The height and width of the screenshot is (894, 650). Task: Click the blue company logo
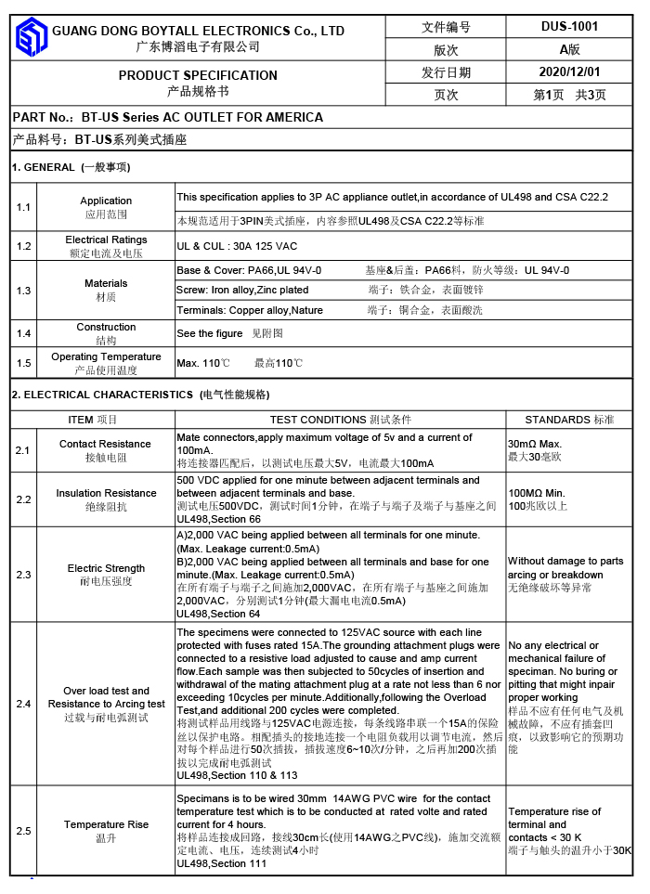point(31,37)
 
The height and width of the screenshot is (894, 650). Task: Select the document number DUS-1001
point(569,27)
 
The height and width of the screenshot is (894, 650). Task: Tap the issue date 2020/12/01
point(569,71)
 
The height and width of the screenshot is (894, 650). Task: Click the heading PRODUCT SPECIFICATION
point(198,75)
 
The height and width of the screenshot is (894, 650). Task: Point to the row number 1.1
point(23,207)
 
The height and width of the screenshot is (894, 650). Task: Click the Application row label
point(106,201)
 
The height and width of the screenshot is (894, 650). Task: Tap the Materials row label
point(106,283)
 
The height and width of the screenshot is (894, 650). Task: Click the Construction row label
point(106,327)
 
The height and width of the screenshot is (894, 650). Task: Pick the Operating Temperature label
point(106,356)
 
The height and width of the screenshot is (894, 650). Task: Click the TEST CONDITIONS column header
point(322,420)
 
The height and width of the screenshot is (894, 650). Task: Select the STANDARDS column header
point(562,420)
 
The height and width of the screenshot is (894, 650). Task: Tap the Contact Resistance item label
point(106,444)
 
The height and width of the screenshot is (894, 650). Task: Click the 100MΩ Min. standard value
point(536,493)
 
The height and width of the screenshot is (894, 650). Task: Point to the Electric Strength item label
point(106,568)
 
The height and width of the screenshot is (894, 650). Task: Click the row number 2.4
point(23,704)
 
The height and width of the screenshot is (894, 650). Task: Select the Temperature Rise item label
point(106,824)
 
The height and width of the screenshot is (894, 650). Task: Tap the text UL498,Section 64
point(218,614)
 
